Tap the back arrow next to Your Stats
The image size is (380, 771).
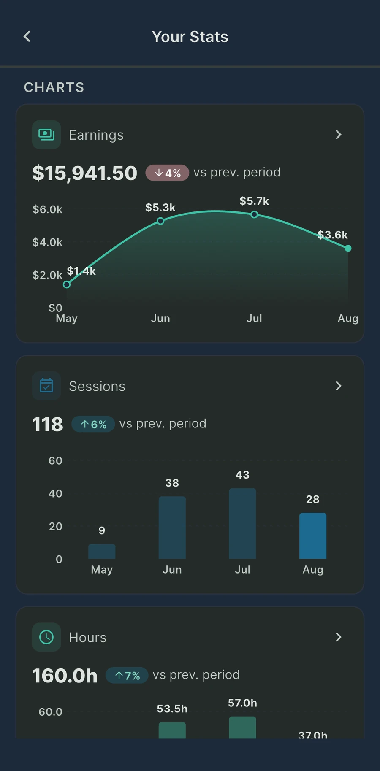pyautogui.click(x=27, y=37)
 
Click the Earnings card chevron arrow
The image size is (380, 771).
pyautogui.click(x=338, y=135)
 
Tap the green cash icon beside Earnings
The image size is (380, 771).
pyautogui.click(x=46, y=135)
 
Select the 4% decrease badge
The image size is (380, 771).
pyautogui.click(x=167, y=173)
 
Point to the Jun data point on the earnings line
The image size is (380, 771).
pyautogui.click(x=160, y=221)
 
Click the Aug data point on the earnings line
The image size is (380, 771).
pyautogui.click(x=348, y=248)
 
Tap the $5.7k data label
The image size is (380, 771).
pyautogui.click(x=254, y=201)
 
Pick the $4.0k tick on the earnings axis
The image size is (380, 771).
pyautogui.click(x=47, y=242)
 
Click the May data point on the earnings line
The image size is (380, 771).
pyautogui.click(x=67, y=284)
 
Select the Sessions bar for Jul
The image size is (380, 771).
pyautogui.click(x=242, y=523)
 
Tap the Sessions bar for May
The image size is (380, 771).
pyautogui.click(x=102, y=551)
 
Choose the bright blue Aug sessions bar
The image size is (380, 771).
pyautogui.click(x=313, y=536)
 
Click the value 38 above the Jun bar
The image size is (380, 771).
pyautogui.click(x=172, y=483)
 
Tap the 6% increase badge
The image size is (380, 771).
pyautogui.click(x=93, y=424)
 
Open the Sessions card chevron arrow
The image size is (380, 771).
pyautogui.click(x=338, y=386)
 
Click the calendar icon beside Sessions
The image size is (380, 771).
pyautogui.click(x=46, y=386)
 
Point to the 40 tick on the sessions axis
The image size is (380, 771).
pyautogui.click(x=55, y=493)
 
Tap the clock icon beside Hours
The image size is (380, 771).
pyautogui.click(x=46, y=637)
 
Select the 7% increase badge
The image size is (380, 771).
pyautogui.click(x=127, y=675)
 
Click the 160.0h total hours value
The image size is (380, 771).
pyautogui.click(x=65, y=675)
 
